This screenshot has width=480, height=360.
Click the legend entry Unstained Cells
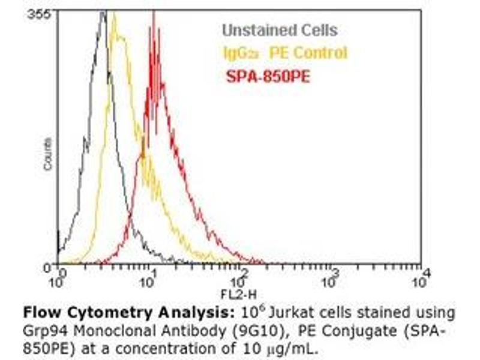pyautogui.click(x=280, y=30)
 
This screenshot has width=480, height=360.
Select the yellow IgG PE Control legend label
pyautogui.click(x=285, y=53)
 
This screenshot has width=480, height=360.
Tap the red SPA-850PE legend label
pyautogui.click(x=268, y=76)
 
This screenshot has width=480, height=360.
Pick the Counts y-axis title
pyautogui.click(x=47, y=154)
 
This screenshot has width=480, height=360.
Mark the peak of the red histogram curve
pyautogui.click(x=154, y=13)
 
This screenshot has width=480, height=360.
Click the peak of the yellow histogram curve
pyautogui.click(x=114, y=14)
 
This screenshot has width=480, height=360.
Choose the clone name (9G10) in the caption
pyautogui.click(x=228, y=330)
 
